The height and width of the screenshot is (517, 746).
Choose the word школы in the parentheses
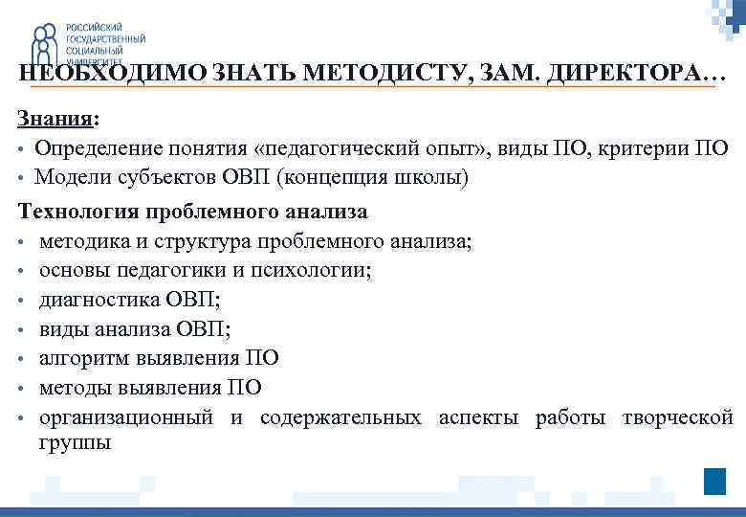[434, 177]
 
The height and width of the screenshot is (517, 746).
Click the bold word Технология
[75, 211]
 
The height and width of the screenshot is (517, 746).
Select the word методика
[83, 240]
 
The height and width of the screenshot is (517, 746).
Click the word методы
[74, 388]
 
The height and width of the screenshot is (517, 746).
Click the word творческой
[677, 417]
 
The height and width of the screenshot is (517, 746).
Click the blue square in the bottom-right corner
[714, 482]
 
